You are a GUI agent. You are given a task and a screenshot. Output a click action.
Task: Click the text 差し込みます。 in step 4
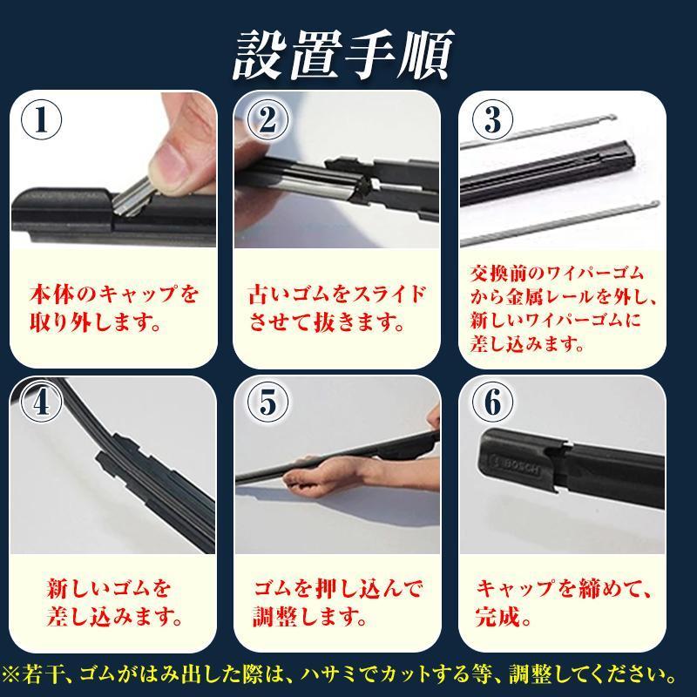click(x=114, y=620)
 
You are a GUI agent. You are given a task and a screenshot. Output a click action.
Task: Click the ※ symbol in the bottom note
click(x=13, y=675)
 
